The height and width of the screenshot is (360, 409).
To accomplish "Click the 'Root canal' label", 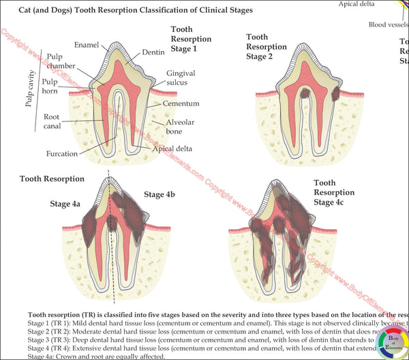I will (54, 121).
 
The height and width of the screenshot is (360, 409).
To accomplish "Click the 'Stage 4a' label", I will (65, 203).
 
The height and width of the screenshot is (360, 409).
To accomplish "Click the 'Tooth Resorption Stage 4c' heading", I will (334, 192).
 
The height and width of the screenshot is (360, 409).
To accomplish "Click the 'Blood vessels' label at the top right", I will (388, 25).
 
